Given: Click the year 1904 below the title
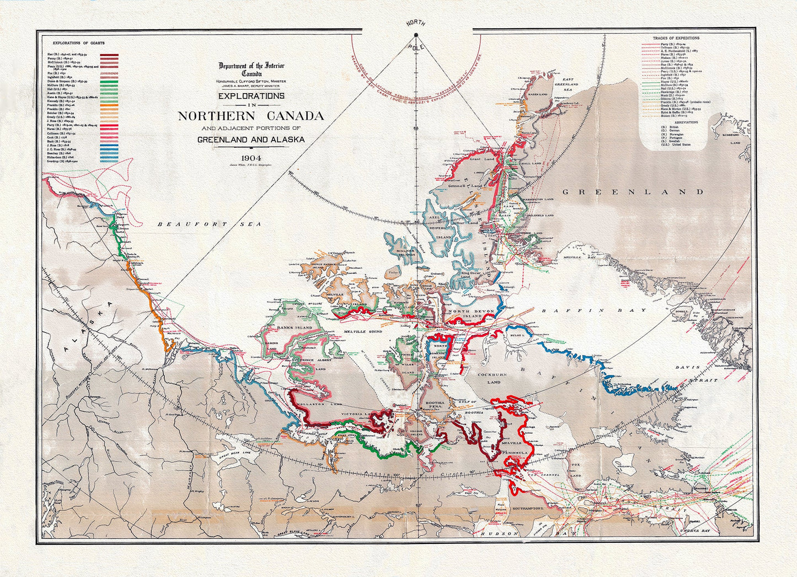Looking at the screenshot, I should [250, 156].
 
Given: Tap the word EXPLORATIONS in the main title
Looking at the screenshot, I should [251, 96].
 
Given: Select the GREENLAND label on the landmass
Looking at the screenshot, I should [632, 192].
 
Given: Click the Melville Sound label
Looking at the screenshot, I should [363, 332].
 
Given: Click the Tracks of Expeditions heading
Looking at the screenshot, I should [676, 38].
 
